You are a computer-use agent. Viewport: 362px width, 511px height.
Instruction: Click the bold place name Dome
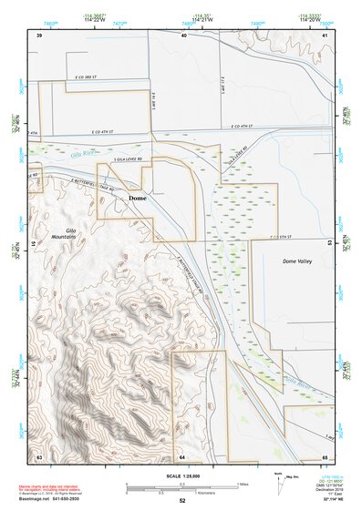tap(137, 198)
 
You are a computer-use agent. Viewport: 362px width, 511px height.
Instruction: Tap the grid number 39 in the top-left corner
tap(39, 35)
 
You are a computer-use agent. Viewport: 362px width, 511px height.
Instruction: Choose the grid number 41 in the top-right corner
tap(326, 35)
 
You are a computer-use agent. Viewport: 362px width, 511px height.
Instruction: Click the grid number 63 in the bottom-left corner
tap(39, 455)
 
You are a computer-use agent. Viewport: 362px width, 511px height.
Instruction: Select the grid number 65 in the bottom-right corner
tap(326, 455)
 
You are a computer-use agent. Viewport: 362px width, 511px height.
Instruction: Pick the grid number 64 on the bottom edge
tap(182, 455)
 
